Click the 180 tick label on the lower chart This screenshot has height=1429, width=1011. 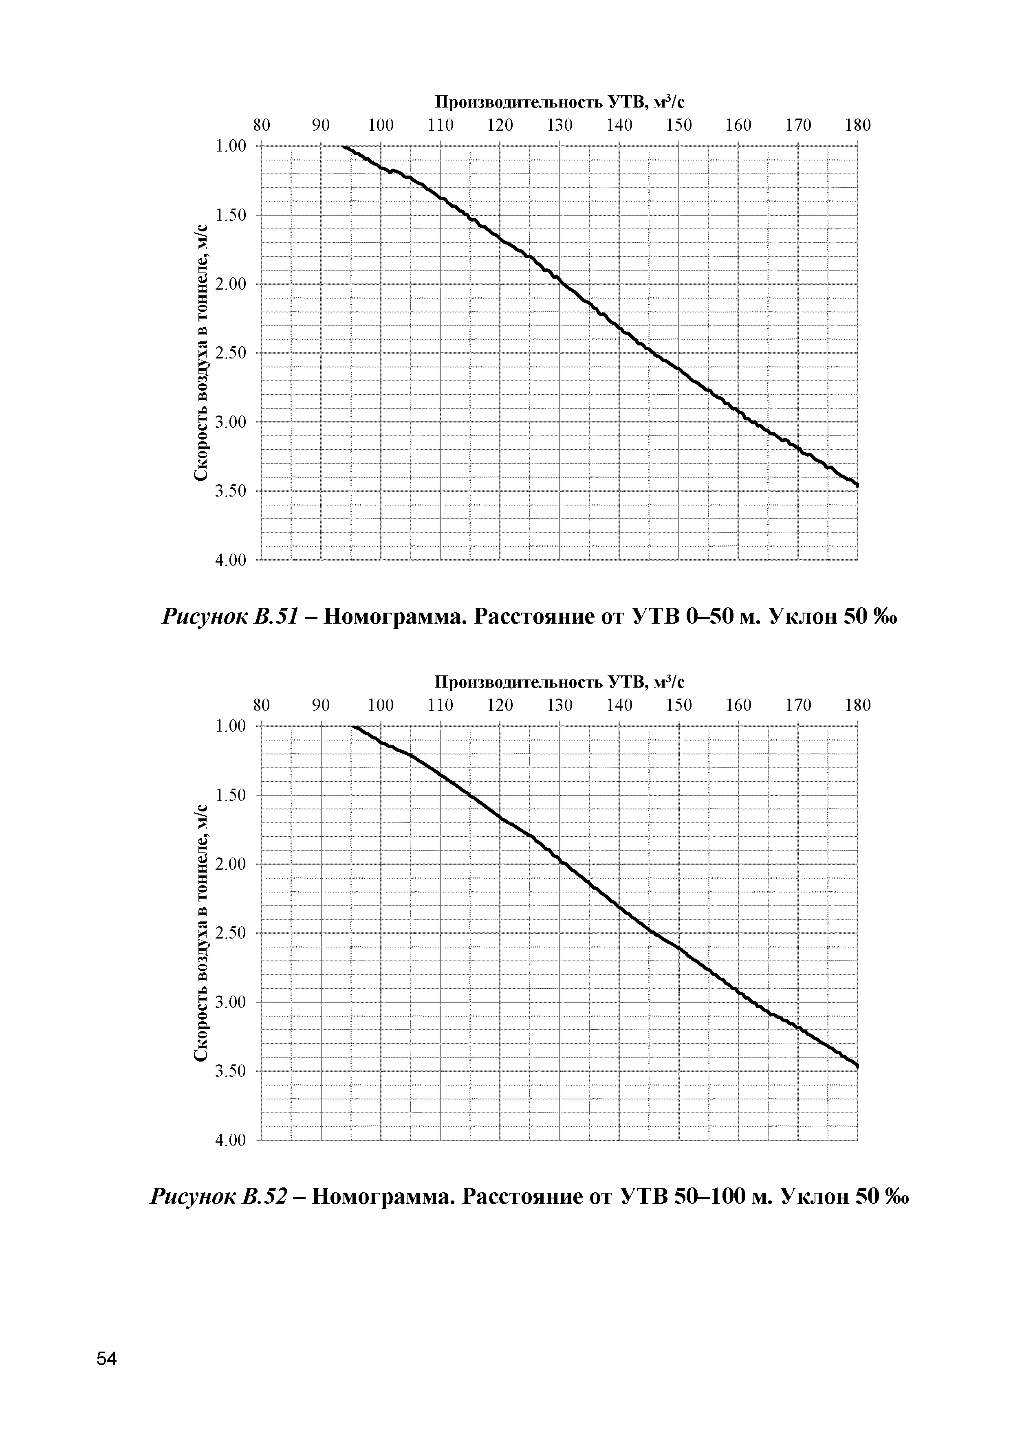click(x=857, y=705)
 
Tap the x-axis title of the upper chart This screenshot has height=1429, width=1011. click(x=559, y=101)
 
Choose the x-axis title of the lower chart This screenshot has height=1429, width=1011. click(x=559, y=682)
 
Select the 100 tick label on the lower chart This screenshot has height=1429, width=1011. click(x=381, y=705)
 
